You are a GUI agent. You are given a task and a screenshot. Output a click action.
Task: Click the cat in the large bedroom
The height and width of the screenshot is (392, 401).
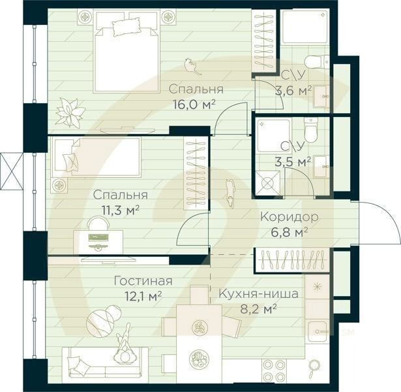[190, 65]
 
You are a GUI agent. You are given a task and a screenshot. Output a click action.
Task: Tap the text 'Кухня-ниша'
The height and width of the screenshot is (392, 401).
[259, 294]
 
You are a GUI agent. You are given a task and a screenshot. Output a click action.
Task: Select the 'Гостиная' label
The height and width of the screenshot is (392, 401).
[143, 281]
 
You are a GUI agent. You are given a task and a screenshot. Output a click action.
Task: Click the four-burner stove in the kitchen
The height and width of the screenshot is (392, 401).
[274, 370]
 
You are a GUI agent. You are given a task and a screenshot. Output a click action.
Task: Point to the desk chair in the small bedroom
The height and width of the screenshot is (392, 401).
[97, 225]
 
